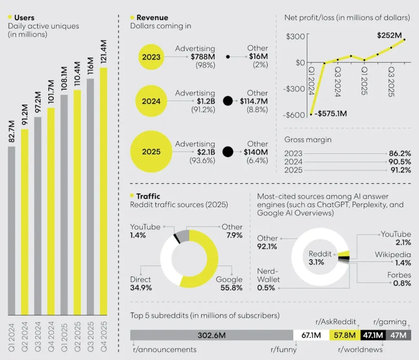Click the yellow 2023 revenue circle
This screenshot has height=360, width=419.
click(x=151, y=57)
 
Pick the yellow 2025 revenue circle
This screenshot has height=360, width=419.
click(x=151, y=152)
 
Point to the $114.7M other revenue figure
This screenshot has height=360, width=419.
click(x=254, y=101)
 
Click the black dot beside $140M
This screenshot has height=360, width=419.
click(x=228, y=152)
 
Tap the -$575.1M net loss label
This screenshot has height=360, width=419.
click(x=331, y=114)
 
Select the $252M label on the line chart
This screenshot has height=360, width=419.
click(x=390, y=35)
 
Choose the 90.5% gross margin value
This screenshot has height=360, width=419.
click(x=400, y=162)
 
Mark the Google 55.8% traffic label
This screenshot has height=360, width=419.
click(x=229, y=284)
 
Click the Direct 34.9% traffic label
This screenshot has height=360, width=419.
click(x=141, y=284)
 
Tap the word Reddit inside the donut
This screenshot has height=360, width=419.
click(x=320, y=254)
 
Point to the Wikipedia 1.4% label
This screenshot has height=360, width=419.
click(x=393, y=259)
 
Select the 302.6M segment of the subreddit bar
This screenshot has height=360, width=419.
click(x=211, y=335)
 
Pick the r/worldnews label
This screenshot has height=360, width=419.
click(x=360, y=349)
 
